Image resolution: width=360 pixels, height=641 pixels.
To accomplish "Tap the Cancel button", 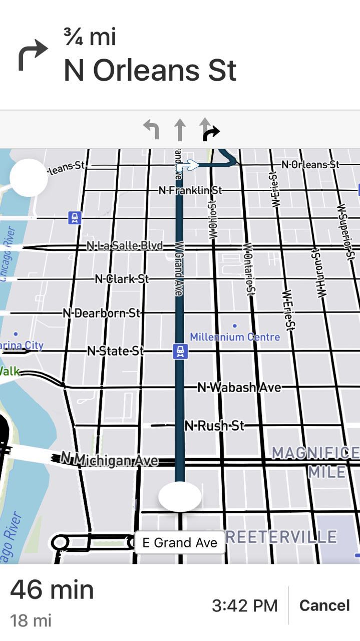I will point(324,605).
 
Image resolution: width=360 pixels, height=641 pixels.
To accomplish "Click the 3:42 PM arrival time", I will point(244,606).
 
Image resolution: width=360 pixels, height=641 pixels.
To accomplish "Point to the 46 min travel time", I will point(52,589).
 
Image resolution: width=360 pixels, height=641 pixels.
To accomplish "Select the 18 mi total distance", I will point(31,621).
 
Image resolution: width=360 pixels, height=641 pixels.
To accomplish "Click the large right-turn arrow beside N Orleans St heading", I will point(33,55).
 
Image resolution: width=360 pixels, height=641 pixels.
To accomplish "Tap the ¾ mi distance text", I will point(90,38).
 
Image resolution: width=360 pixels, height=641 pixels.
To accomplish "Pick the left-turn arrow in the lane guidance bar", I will point(151,129).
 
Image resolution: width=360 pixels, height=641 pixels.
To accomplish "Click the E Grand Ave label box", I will point(180,542).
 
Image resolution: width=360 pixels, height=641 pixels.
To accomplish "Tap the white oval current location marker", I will point(180,496).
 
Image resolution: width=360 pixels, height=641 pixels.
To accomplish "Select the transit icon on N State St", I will point(180,351).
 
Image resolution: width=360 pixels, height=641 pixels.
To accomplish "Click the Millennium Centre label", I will point(234,337).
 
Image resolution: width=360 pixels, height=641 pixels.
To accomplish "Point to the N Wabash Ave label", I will point(239,387).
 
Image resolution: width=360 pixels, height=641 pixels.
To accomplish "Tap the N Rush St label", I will point(214,426).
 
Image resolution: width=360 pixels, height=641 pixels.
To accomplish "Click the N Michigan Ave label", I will point(109,459).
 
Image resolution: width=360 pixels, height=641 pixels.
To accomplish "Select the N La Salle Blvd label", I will point(125,246).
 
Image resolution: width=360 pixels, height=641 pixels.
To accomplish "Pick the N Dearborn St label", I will point(102,313).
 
